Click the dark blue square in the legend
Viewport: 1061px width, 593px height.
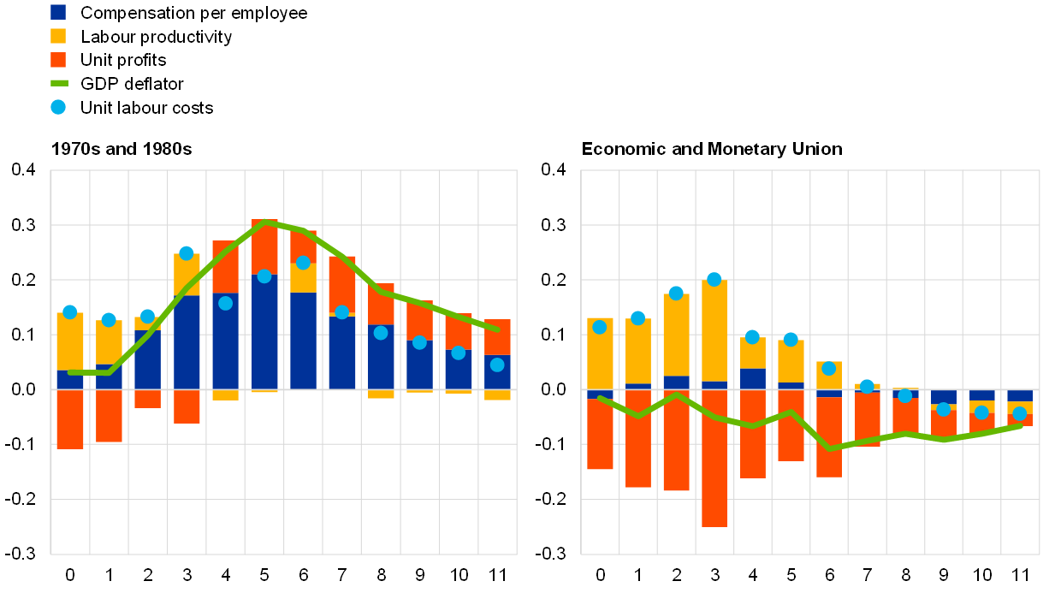(58, 12)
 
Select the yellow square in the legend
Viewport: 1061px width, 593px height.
(58, 36)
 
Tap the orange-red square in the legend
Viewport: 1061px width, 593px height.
(58, 60)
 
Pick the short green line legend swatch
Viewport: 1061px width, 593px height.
(59, 83)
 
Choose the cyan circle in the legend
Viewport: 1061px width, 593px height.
(58, 107)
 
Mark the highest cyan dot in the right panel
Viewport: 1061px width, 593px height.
(714, 279)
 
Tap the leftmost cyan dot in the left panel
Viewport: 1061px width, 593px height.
(70, 312)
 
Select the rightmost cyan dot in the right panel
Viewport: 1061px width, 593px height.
(1019, 413)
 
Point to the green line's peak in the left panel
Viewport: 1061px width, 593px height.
(265, 222)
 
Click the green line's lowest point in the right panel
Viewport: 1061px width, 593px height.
(828, 448)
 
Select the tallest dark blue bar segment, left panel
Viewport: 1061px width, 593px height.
(264, 331)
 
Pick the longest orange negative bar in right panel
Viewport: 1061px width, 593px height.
(714, 458)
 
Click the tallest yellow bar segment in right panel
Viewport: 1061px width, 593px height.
(714, 330)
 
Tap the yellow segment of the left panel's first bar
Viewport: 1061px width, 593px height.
(70, 341)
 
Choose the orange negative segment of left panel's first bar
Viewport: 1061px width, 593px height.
(70, 418)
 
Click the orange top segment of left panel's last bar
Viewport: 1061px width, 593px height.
(497, 337)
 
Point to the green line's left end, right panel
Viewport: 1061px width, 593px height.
(600, 398)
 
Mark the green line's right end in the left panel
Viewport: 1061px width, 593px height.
(497, 329)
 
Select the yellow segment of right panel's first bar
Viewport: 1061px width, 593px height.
(600, 353)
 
